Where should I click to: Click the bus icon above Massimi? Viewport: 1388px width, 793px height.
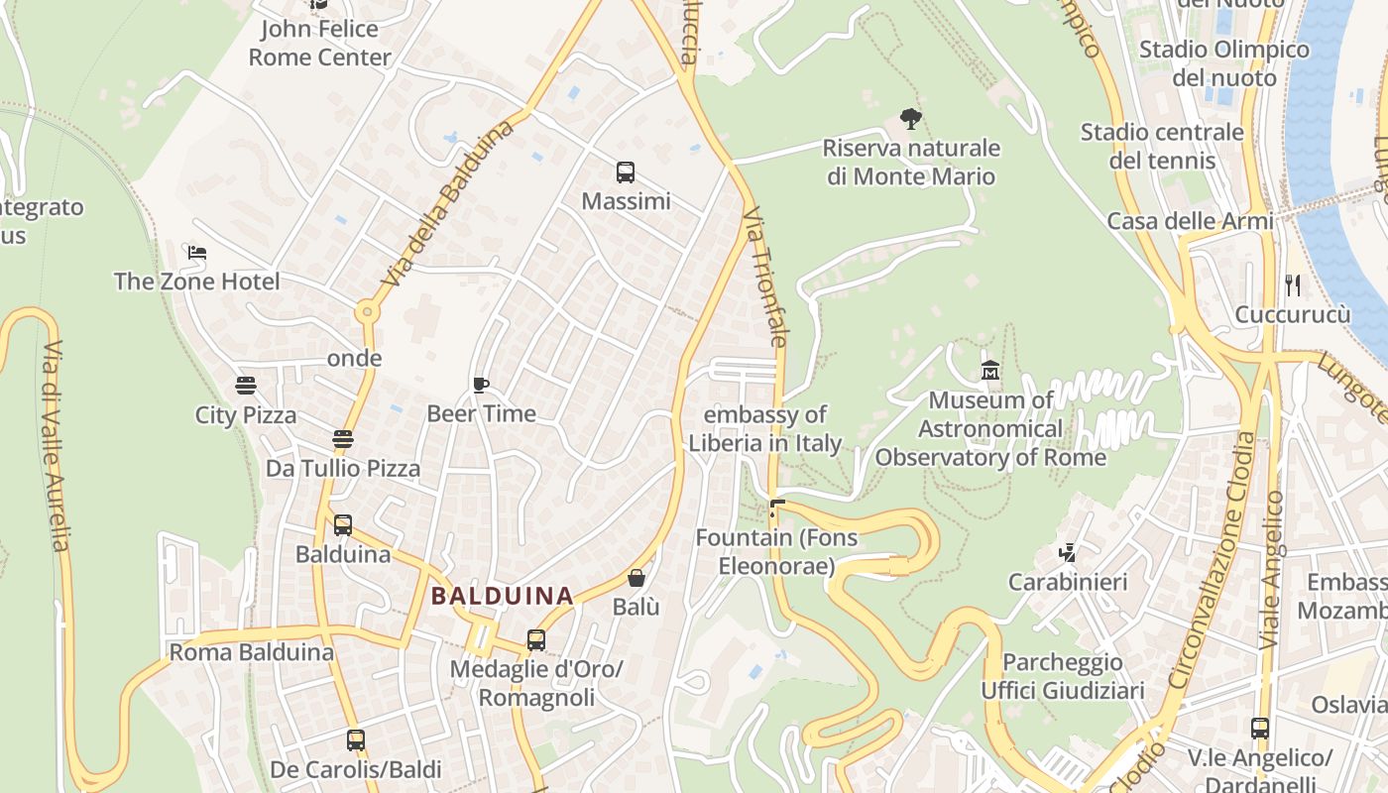(625, 172)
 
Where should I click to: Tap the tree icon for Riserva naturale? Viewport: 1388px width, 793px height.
(910, 120)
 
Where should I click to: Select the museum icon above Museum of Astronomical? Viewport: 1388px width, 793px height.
(989, 371)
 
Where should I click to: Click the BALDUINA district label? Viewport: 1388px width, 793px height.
(503, 596)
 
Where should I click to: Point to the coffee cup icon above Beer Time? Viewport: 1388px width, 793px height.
(481, 385)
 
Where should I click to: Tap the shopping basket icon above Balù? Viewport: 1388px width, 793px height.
(636, 578)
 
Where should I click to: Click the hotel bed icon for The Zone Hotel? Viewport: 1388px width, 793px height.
(197, 253)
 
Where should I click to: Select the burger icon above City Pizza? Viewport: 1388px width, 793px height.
(246, 386)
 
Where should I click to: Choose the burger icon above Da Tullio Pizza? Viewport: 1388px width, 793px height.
(343, 439)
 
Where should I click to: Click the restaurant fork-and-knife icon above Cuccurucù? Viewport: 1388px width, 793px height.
(1292, 285)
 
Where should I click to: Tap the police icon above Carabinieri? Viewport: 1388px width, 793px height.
(1068, 552)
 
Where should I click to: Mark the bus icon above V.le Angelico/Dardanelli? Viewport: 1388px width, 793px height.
(1259, 729)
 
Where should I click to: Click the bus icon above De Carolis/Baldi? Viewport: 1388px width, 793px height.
(355, 739)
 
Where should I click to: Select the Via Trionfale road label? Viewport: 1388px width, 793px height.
(764, 277)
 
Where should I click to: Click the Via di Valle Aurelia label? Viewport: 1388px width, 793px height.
(55, 446)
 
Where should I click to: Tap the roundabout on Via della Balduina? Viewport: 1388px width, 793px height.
(368, 312)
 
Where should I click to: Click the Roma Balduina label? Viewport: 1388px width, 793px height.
(251, 652)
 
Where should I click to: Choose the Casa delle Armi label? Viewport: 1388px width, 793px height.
(1190, 221)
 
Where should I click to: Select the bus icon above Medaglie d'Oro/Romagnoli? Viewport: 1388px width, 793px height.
(536, 640)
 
